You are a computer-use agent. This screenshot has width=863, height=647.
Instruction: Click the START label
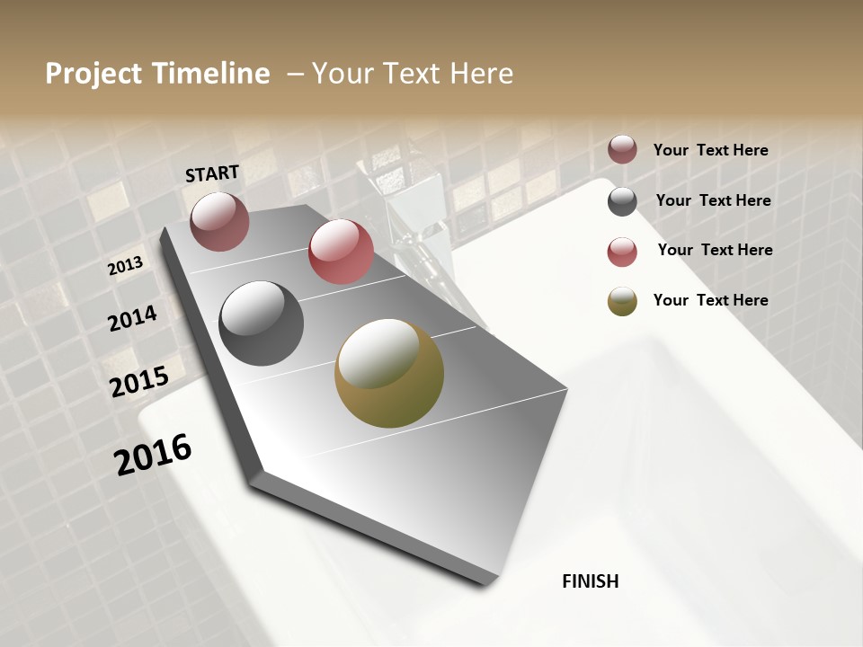[212, 173]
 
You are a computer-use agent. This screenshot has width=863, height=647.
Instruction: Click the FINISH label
[590, 581]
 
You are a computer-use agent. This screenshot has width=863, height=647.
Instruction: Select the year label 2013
[126, 266]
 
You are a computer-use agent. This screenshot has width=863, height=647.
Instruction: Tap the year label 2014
[132, 318]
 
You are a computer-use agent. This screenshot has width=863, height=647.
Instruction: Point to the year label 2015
[139, 382]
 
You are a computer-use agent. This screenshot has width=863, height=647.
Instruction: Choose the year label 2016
[153, 454]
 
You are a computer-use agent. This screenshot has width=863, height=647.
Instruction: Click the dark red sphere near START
[219, 221]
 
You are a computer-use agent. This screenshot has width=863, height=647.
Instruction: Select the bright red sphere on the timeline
[341, 252]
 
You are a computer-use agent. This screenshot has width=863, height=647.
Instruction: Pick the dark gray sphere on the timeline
[261, 323]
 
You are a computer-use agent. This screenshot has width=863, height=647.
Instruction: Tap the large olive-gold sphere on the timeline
[389, 373]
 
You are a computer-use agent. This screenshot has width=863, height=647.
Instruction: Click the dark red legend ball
[622, 149]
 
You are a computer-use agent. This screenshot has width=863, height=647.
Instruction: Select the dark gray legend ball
[622, 201]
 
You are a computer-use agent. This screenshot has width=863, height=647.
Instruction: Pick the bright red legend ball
[622, 252]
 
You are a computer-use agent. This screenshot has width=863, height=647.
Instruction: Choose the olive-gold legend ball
[622, 302]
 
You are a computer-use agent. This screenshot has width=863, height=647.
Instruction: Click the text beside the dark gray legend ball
[713, 200]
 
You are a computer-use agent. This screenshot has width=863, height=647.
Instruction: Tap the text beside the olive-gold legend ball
[710, 300]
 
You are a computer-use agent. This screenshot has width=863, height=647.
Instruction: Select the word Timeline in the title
[214, 74]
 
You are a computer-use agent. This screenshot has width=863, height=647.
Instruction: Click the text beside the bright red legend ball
[715, 250]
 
